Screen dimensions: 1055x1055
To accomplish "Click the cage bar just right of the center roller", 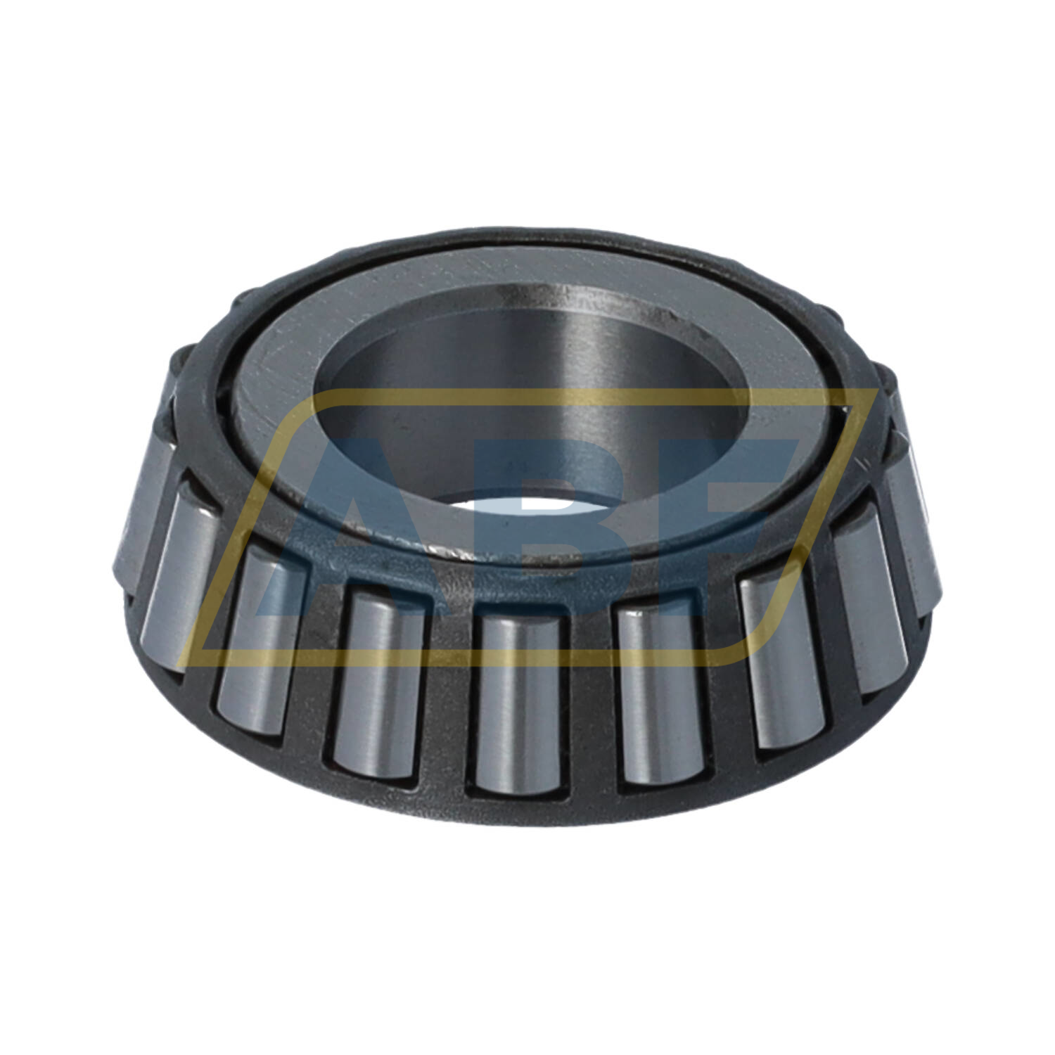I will tap(589, 703).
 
